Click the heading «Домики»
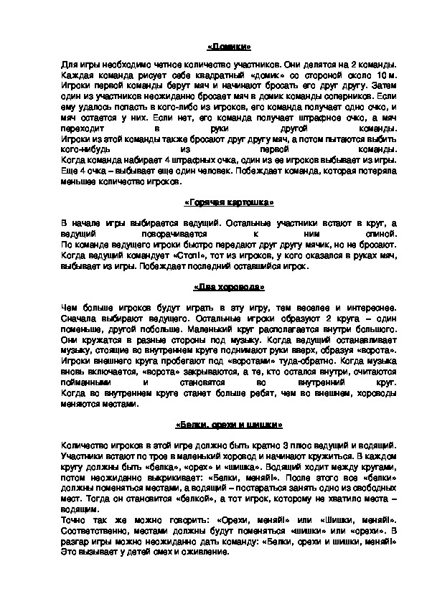tap(228, 48)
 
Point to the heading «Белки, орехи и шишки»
tap(228, 423)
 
